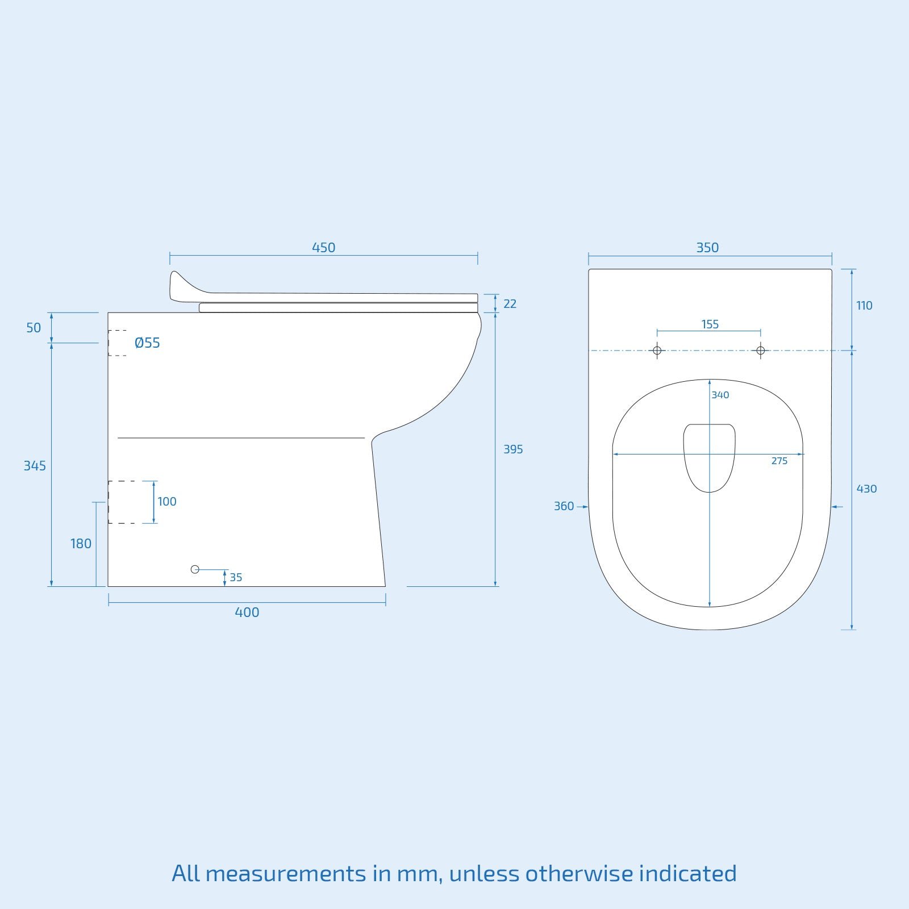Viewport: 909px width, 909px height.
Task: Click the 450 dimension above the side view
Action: coord(323,248)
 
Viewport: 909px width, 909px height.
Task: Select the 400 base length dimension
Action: coord(247,612)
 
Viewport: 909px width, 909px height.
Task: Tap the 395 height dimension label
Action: coord(513,449)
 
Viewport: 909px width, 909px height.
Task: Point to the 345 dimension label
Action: coord(35,466)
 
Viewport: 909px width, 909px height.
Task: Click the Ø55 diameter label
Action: coord(147,343)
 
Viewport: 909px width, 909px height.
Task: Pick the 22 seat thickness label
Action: coord(510,304)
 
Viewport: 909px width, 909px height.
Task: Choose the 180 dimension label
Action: coord(81,544)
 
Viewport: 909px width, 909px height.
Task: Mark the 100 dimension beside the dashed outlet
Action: coord(167,502)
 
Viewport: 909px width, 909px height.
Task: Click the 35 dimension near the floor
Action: coord(236,578)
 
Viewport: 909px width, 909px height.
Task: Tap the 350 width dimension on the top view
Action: coord(707,248)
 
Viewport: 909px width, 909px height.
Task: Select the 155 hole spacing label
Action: coord(710,324)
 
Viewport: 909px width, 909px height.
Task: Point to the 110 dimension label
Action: coord(864,306)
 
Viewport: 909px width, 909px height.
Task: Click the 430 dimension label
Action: coord(866,489)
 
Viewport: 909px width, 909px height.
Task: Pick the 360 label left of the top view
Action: coord(564,506)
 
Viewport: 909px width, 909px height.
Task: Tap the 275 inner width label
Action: coord(779,461)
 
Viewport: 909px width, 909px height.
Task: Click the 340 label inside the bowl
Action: coord(720,395)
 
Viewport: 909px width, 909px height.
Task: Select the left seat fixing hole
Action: coord(657,351)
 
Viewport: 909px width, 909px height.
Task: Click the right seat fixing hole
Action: coord(761,351)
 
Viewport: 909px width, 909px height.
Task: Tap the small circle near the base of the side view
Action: coord(195,569)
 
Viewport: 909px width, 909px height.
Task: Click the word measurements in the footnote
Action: coord(286,874)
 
